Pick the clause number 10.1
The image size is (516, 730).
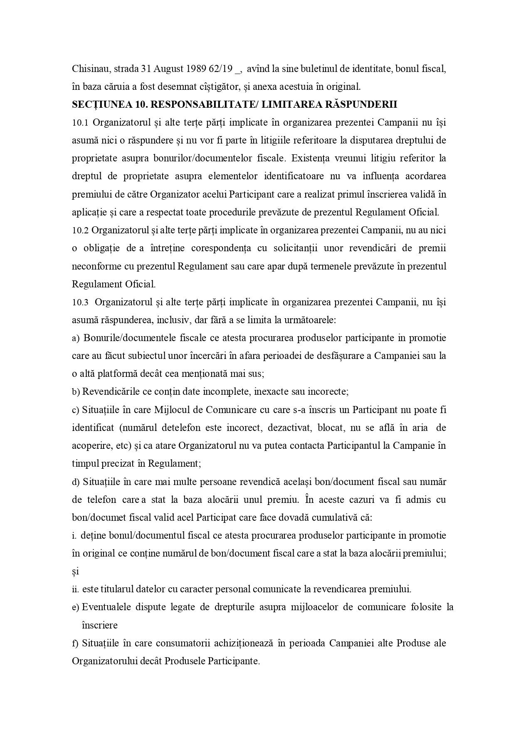[x=80, y=123]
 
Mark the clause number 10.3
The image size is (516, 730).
[x=80, y=302]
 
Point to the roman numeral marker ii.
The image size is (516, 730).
[x=75, y=589]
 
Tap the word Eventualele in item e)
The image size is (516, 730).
[x=106, y=607]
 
